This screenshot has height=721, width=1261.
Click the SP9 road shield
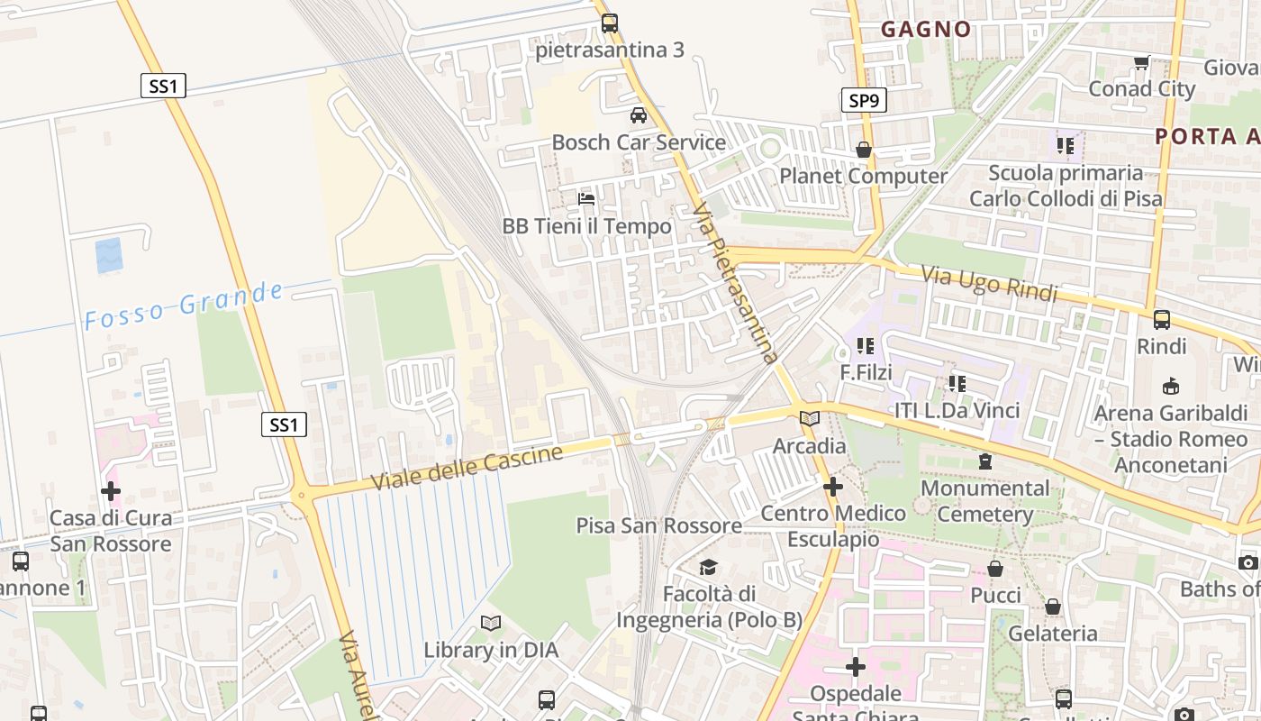pos(863,100)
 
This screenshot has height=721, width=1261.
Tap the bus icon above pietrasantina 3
pos(610,23)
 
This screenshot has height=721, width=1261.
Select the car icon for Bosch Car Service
pos(638,115)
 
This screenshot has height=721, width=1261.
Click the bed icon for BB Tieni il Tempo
pos(586,198)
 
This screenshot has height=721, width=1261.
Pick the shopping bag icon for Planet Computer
pos(863,150)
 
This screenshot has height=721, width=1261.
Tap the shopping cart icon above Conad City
pos(1141,62)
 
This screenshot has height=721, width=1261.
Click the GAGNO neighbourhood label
pos(926,29)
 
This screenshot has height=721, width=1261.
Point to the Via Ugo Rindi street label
pos(988,282)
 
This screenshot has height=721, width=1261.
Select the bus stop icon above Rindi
pos(1161,319)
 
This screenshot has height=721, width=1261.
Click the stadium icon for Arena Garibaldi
pos(1170,386)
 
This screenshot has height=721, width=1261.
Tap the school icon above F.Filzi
pos(866,345)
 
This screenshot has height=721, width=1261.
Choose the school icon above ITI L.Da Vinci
pos(957,384)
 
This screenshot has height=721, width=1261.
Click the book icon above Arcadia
pos(809,419)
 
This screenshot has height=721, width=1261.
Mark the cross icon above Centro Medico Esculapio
pos(832,487)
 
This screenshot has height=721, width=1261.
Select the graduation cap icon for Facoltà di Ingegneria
pos(708,567)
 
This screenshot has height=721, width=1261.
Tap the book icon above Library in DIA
pos(490,623)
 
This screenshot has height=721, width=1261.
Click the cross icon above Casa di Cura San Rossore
pos(110,491)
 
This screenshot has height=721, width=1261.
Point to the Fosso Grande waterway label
pos(184,306)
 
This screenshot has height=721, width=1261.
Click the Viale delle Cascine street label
pos(467,468)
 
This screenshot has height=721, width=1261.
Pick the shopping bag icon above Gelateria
pos(1052,607)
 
